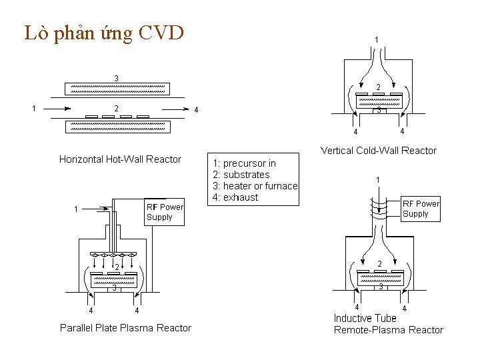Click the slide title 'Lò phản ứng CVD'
pos(103,33)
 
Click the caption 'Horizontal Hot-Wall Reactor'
pos(120,159)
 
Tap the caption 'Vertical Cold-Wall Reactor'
pos(378,151)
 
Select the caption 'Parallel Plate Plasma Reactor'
pos(125,328)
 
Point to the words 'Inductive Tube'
pos(365,318)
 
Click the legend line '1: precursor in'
pos(244,163)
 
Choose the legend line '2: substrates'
pos(241,175)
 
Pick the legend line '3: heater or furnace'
pos(255,186)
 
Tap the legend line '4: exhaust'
pos(235,197)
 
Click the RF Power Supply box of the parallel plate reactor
pos(164,212)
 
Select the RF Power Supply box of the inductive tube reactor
pos(421,209)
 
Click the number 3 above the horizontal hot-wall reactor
pos(117,78)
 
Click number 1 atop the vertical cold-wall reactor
pos(377,40)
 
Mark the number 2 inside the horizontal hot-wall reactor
pos(117,109)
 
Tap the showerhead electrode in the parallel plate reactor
pos(115,255)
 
